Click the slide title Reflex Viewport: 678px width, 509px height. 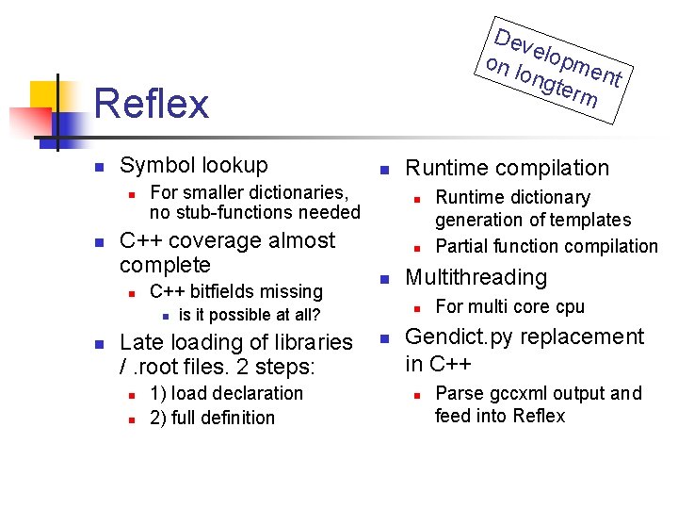point(152,103)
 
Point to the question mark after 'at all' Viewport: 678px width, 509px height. point(316,315)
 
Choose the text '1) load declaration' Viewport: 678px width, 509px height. point(226,393)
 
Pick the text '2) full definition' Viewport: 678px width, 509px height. point(212,417)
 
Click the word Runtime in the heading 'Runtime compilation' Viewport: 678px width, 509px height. point(446,168)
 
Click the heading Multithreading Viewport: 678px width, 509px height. point(476,277)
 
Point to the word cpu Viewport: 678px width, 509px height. point(570,306)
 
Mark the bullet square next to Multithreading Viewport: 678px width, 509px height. point(383,279)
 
